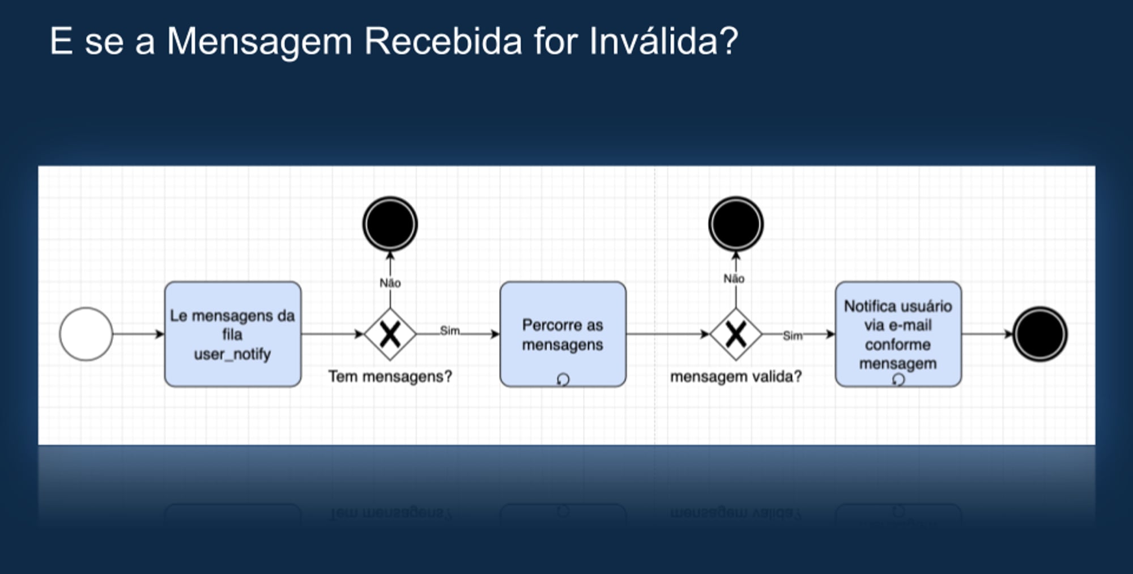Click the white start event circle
86,334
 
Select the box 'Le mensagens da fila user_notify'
233,334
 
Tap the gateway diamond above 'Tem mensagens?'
390,334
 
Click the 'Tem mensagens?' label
390,376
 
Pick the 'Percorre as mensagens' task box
563,334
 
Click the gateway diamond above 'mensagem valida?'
736,334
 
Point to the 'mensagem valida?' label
736,376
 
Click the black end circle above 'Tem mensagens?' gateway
390,224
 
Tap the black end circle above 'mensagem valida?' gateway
736,224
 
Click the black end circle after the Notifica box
1040,334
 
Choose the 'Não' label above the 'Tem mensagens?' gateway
390,283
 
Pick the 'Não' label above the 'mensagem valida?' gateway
734,279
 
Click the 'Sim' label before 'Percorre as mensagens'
450,330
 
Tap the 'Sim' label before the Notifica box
793,335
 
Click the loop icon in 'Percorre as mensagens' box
563,379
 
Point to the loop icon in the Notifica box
898,379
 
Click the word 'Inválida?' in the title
663,41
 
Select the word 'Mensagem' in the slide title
259,42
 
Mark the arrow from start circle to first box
138,334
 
